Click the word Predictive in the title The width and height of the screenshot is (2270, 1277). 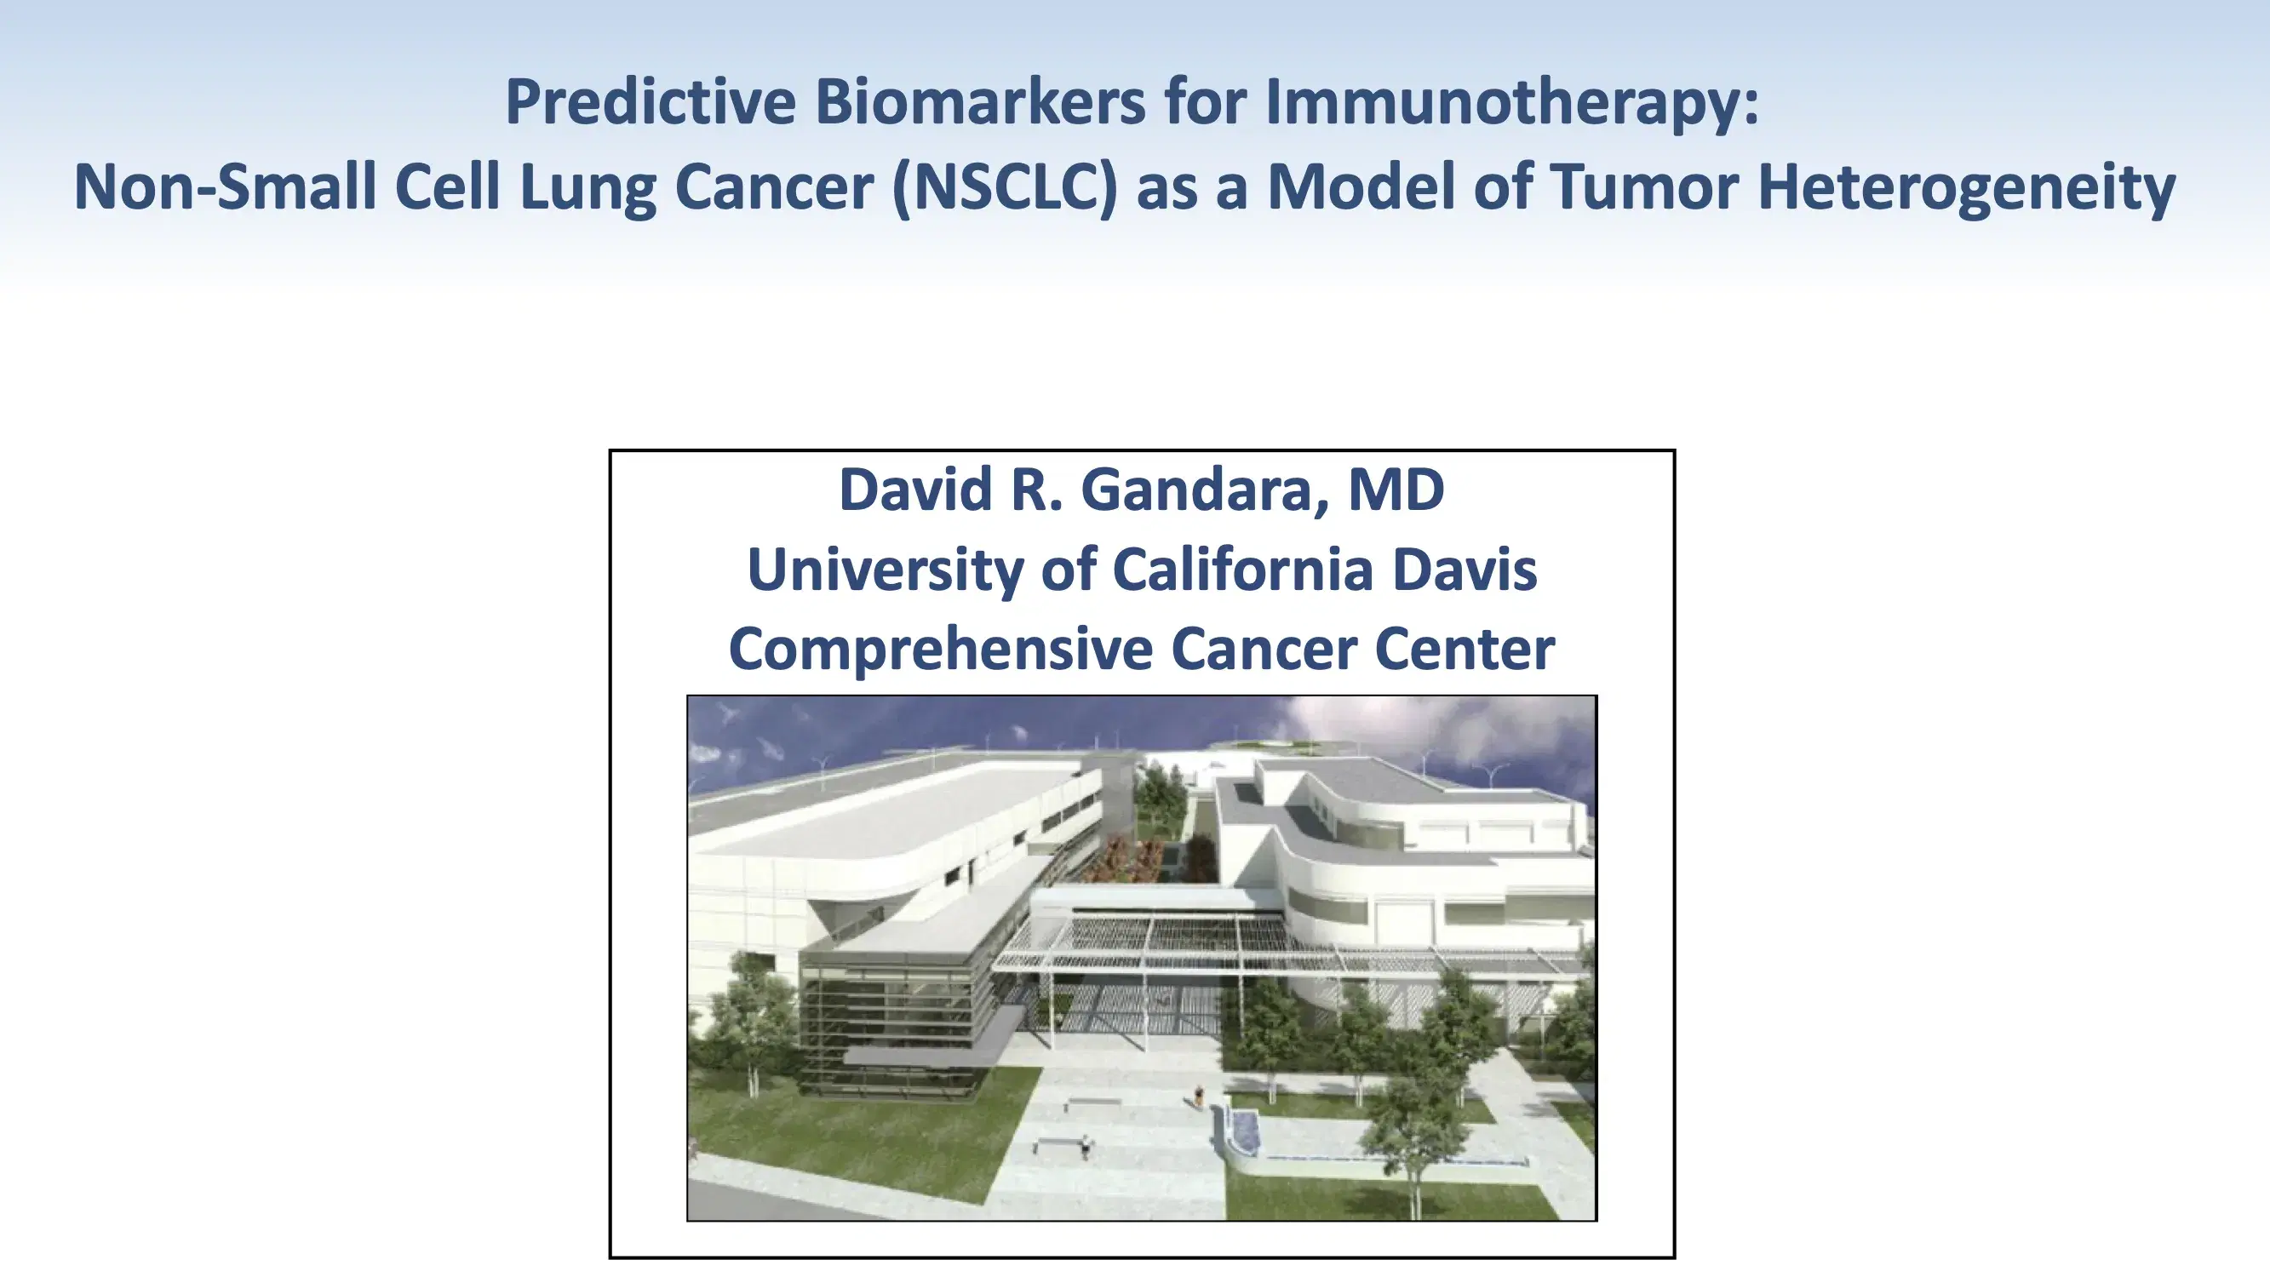pyautogui.click(x=651, y=102)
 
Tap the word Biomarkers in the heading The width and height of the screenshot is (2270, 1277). pyautogui.click(x=980, y=102)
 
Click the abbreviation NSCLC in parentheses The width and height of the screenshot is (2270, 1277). pyautogui.click(x=1005, y=187)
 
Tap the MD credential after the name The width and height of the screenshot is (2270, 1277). pyautogui.click(x=1396, y=490)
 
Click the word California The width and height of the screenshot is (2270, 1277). pyautogui.click(x=1242, y=570)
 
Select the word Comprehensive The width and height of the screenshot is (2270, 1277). pyautogui.click(x=939, y=650)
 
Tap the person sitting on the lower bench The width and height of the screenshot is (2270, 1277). pyautogui.click(x=1086, y=1145)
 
